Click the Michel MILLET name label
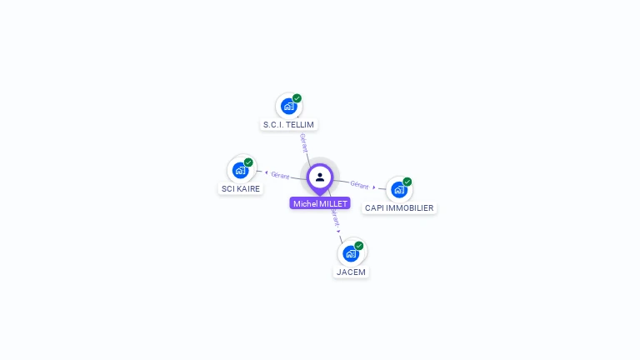coord(320,203)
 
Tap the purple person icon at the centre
coord(320,177)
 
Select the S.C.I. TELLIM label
coord(288,125)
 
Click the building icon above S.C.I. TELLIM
coord(288,107)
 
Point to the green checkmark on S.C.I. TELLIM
coord(297,98)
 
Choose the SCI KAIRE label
coord(240,189)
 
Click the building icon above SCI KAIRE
coord(240,171)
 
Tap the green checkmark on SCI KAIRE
coord(248,162)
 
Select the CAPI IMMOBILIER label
coord(399,208)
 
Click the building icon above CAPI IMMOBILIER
coord(399,190)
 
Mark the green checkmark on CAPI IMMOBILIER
coord(407,182)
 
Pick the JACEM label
coord(351,272)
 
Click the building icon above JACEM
coord(351,253)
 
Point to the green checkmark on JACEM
coord(359,246)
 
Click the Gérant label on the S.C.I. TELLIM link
coord(304,142)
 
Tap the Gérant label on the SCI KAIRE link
coord(280,175)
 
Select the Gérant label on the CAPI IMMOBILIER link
coord(359,184)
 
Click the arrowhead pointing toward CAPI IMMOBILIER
coord(374,187)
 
